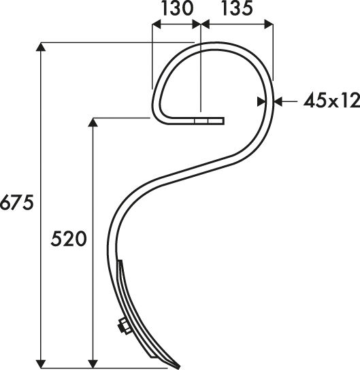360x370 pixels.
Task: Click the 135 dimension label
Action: [238, 9]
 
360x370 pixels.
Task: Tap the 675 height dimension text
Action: [17, 203]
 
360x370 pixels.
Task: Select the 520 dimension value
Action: [69, 239]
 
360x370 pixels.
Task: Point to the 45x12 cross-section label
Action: [331, 101]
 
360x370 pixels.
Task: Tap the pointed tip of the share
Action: [179, 368]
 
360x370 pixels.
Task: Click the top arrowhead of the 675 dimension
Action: [41, 46]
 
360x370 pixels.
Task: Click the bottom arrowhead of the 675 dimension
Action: [41, 364]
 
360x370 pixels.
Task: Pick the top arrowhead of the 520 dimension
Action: [93, 122]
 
